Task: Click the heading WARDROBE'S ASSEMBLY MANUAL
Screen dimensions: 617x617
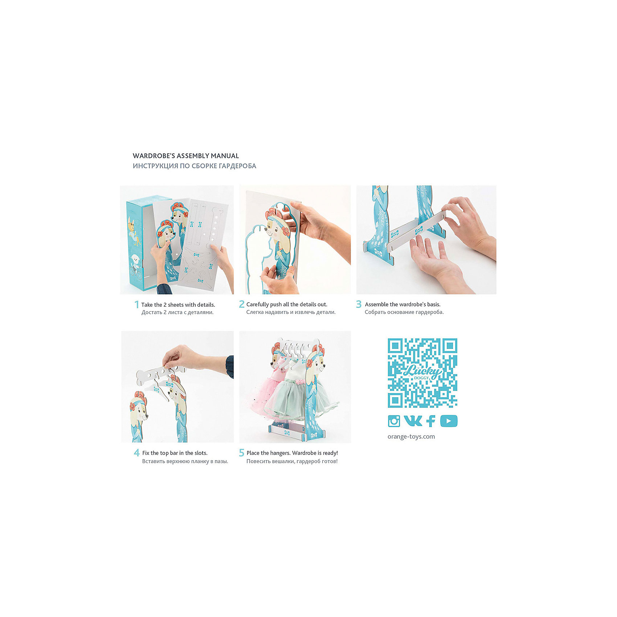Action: coord(185,156)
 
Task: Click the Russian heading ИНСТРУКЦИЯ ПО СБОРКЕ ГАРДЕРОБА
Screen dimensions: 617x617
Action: coord(194,166)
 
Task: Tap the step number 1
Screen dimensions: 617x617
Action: coord(136,304)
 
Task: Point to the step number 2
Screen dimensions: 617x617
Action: coord(241,304)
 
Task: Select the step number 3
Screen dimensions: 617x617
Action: coord(359,304)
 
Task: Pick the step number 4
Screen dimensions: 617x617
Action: coord(136,453)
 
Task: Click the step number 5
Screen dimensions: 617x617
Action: coord(241,453)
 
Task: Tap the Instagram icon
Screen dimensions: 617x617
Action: coord(394,421)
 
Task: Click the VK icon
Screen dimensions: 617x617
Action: coord(413,421)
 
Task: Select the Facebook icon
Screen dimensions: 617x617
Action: coord(431,421)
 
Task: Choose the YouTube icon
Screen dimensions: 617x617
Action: coord(449,421)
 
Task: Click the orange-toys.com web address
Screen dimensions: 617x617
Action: coord(411,437)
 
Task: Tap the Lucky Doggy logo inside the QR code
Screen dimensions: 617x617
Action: coord(422,372)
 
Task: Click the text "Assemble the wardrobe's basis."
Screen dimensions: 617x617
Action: coord(403,305)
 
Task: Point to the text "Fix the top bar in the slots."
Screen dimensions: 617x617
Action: coord(175,453)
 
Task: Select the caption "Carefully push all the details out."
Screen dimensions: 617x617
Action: coord(287,305)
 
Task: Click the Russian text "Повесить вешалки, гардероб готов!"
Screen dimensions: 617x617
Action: coord(292,461)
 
